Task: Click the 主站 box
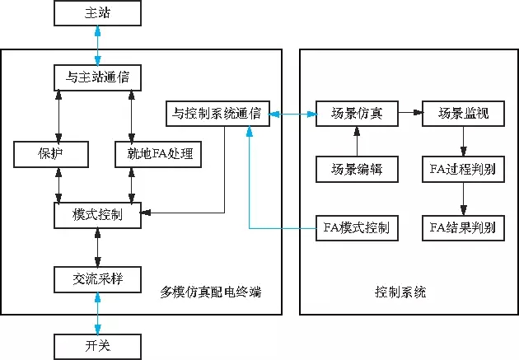point(97,14)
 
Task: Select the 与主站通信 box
point(97,78)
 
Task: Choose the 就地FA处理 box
point(160,154)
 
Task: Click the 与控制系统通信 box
point(217,113)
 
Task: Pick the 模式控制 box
point(97,215)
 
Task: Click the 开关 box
point(97,345)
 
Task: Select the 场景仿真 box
point(356,113)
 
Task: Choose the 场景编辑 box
point(356,170)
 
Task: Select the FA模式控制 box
point(356,227)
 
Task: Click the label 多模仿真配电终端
point(216,292)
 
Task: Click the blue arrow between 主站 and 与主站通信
point(97,45)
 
